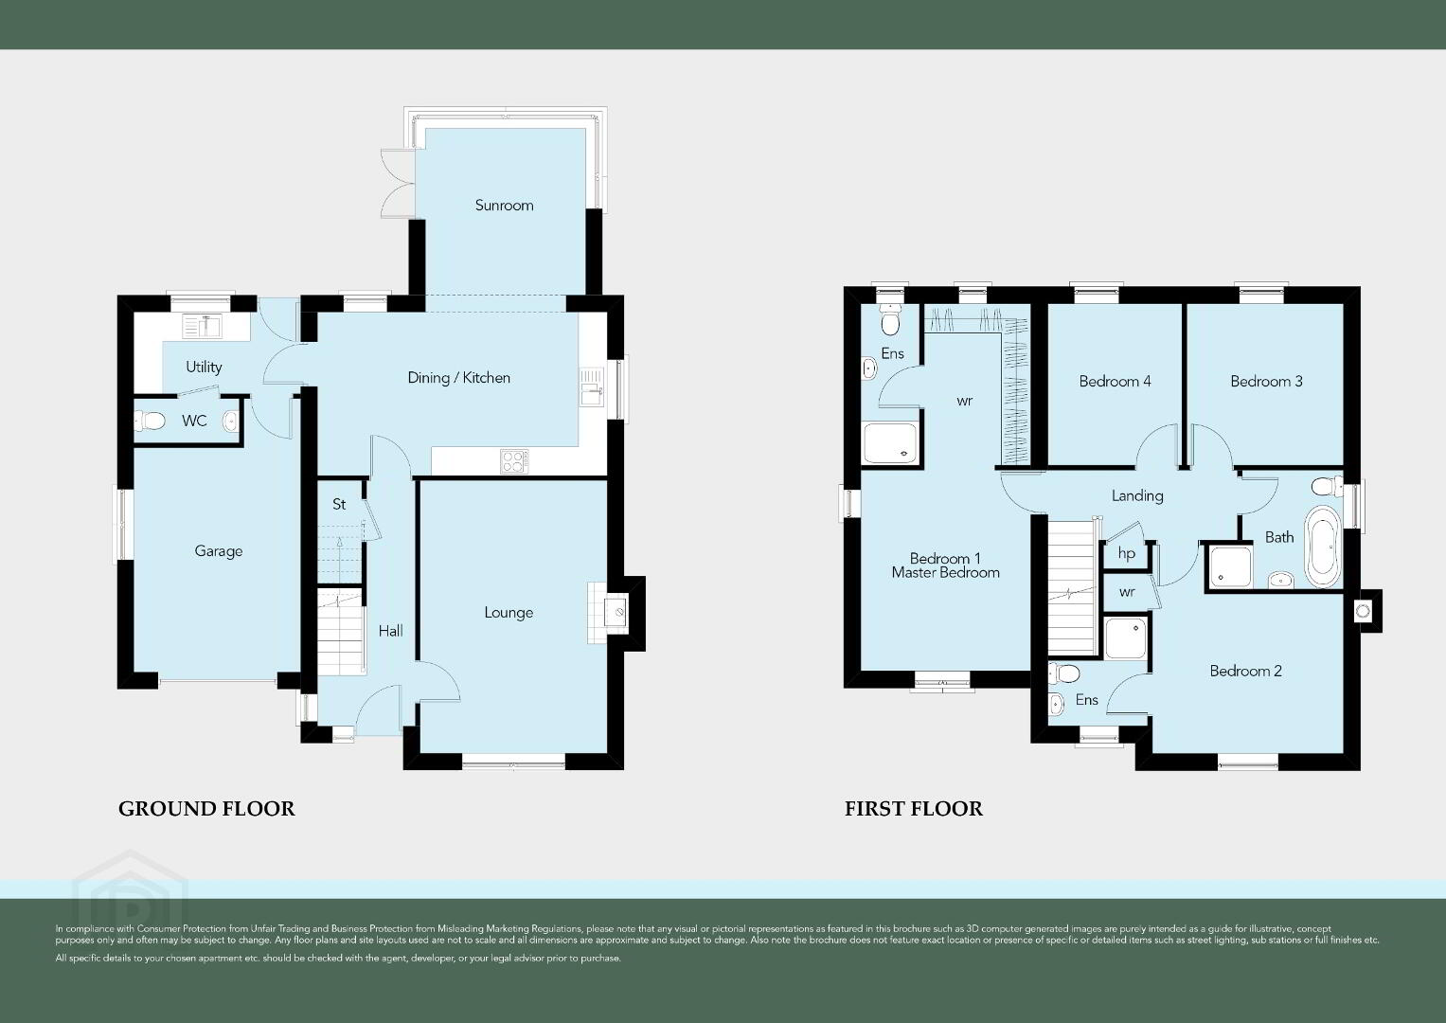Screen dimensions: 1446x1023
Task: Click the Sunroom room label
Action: pyautogui.click(x=504, y=206)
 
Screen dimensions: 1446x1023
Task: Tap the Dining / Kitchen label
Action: pyautogui.click(x=459, y=378)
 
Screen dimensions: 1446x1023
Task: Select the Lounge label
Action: pyautogui.click(x=509, y=613)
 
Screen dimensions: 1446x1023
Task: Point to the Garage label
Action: pyautogui.click(x=218, y=551)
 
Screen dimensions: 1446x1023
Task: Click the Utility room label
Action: pyautogui.click(x=204, y=368)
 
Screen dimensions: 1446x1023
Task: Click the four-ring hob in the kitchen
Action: pyautogui.click(x=514, y=462)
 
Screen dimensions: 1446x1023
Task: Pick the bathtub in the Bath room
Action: pyautogui.click(x=1322, y=547)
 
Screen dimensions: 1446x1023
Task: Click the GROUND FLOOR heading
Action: pyautogui.click(x=206, y=809)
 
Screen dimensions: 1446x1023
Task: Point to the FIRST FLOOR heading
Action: pyautogui.click(x=914, y=809)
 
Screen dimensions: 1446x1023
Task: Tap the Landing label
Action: pyautogui.click(x=1137, y=496)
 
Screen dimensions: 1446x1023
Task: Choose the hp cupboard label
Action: pyautogui.click(x=1127, y=553)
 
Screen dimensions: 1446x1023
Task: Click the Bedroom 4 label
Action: pyautogui.click(x=1115, y=382)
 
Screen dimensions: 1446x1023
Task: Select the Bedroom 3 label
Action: pyautogui.click(x=1266, y=382)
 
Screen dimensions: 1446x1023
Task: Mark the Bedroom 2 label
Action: pyautogui.click(x=1246, y=671)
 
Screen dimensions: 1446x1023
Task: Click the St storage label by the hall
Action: pyautogui.click(x=340, y=504)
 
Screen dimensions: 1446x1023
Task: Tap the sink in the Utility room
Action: pyautogui.click(x=202, y=326)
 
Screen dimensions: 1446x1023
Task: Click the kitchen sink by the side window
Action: pyautogui.click(x=591, y=386)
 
